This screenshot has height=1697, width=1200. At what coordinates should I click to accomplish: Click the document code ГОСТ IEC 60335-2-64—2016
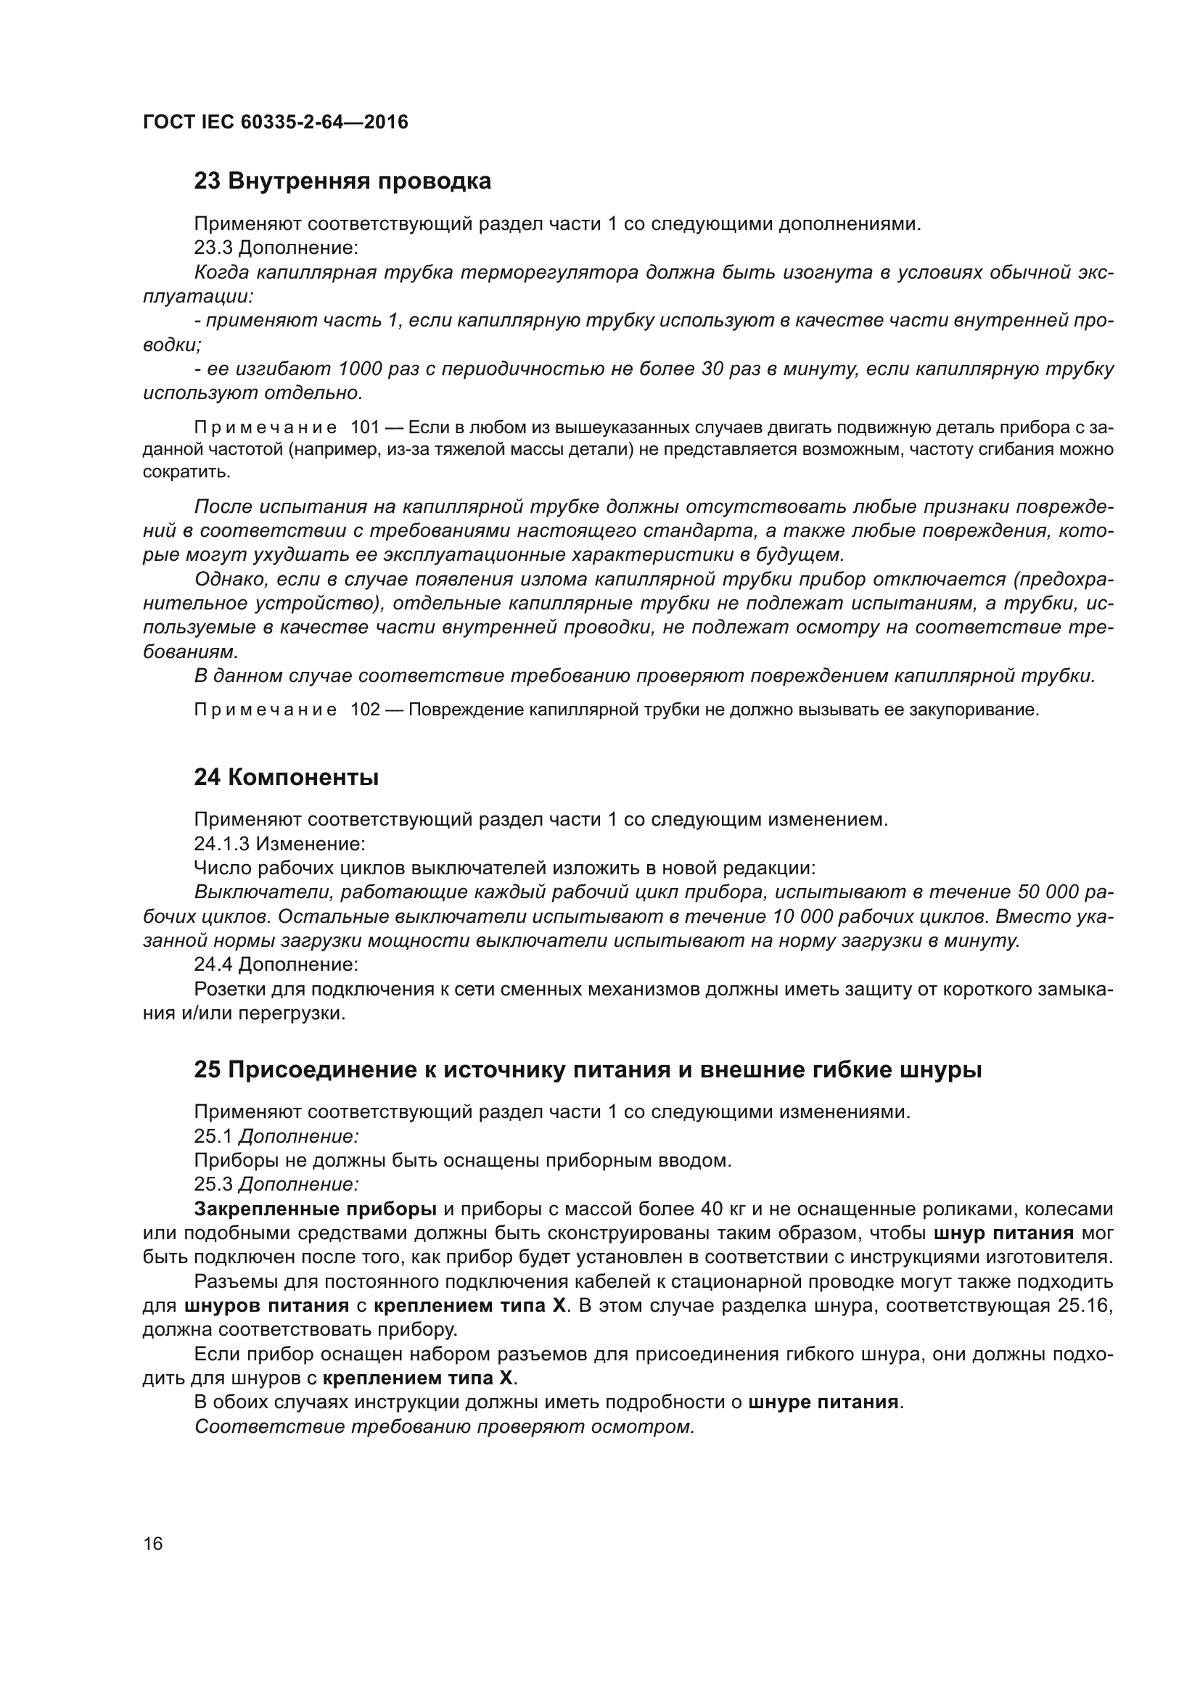(x=275, y=122)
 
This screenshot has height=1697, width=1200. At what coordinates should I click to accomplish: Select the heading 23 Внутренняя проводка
(x=342, y=181)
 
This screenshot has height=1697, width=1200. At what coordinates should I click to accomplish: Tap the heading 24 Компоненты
(x=286, y=778)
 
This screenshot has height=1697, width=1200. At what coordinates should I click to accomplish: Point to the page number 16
(x=153, y=1544)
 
